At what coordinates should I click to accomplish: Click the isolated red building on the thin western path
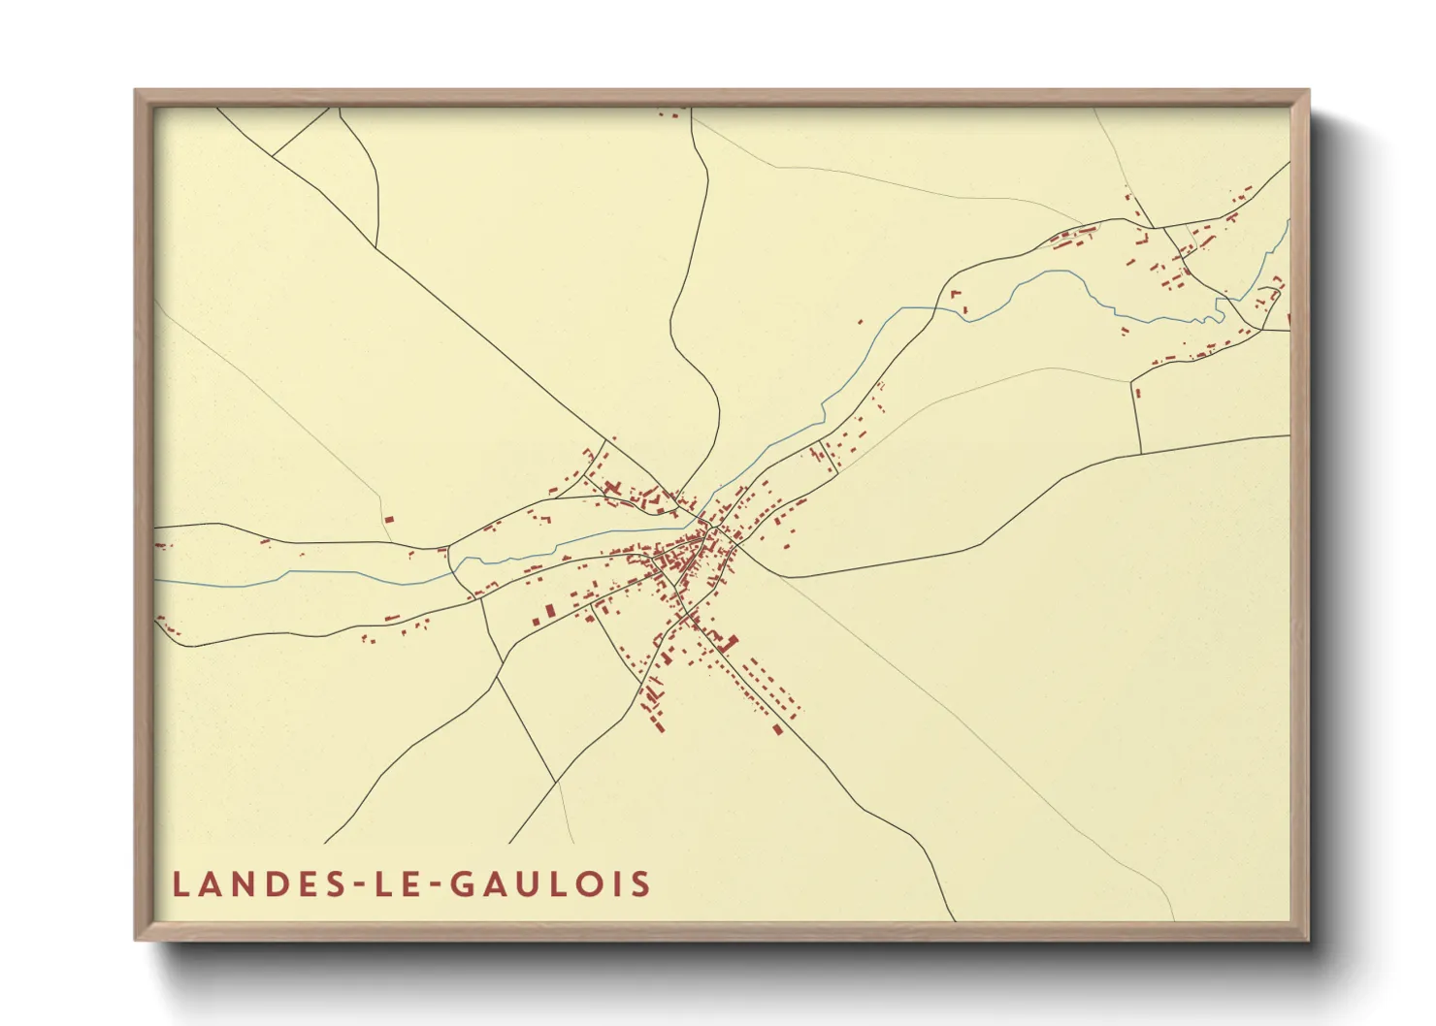388,519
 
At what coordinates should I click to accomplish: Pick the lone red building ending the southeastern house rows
777,729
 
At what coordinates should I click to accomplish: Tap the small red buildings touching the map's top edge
668,113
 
